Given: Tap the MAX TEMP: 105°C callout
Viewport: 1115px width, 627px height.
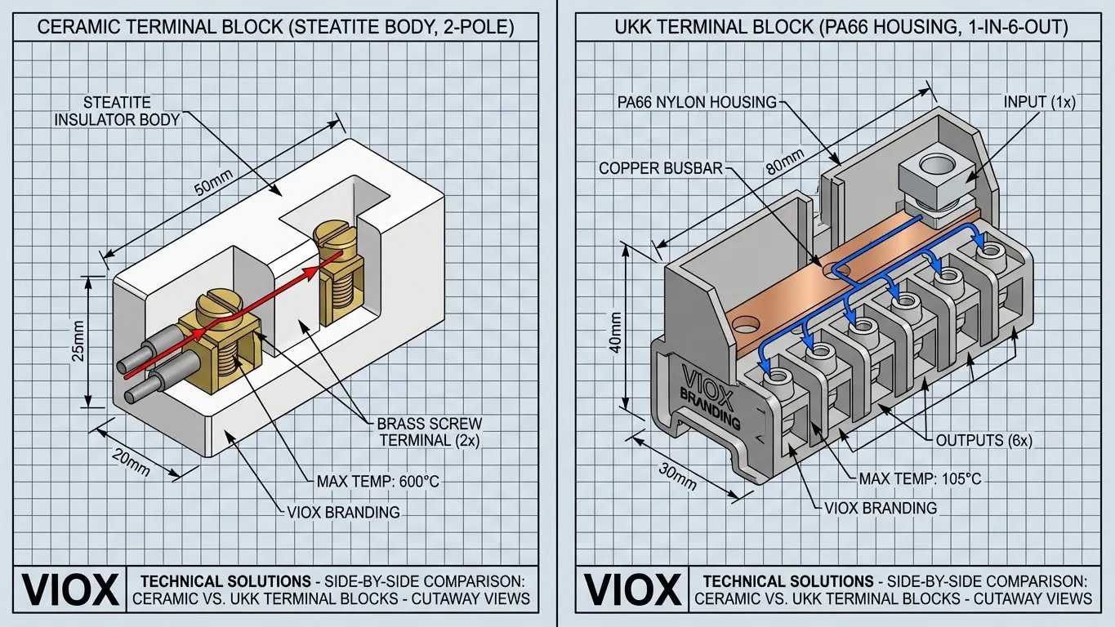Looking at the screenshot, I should tap(919, 478).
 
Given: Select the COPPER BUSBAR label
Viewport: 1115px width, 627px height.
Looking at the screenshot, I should tap(661, 168).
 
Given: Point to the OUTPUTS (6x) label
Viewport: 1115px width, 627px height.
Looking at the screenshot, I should tap(985, 440).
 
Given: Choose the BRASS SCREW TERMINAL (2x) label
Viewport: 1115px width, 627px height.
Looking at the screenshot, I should tap(429, 432).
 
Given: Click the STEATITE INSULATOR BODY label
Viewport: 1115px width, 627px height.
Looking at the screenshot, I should tap(117, 111).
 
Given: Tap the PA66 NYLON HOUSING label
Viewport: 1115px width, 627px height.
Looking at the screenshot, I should tap(695, 102).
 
